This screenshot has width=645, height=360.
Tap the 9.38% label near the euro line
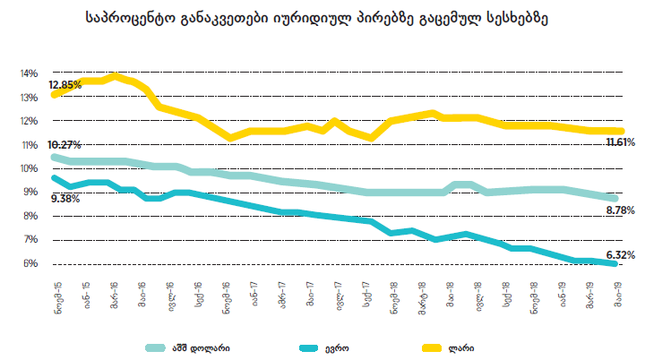[65, 198]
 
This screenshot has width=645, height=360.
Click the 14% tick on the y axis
[29, 73]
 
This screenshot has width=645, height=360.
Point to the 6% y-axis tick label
[30, 263]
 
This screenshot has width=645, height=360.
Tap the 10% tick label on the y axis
[29, 168]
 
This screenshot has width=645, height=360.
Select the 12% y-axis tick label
[29, 121]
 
